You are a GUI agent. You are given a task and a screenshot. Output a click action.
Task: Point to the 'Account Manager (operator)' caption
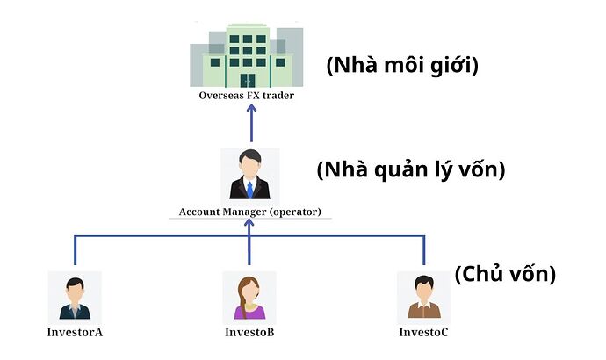(x=250, y=212)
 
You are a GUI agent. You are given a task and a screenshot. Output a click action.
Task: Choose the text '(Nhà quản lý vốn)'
(x=411, y=170)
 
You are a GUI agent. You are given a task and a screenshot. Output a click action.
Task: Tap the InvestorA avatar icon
(x=75, y=297)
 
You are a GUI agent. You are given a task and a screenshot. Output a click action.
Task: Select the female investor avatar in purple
(x=249, y=297)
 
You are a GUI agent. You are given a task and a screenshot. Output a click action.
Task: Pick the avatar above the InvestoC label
(x=423, y=297)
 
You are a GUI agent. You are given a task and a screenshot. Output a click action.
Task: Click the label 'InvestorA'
(x=76, y=332)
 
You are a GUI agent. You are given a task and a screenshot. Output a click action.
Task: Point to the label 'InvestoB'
(x=249, y=332)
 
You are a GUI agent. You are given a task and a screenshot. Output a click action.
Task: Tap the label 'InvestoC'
(x=423, y=332)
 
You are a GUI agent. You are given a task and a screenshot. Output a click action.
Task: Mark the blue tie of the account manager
(x=250, y=190)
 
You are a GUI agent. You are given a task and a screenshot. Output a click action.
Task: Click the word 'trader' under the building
(x=275, y=96)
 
